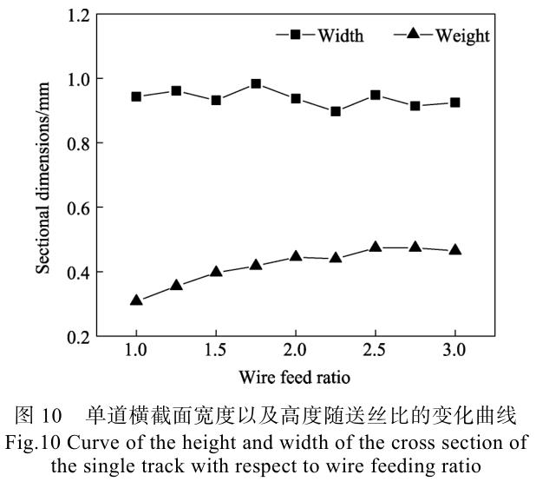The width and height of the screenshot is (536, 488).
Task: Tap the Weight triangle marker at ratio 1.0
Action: pos(136,300)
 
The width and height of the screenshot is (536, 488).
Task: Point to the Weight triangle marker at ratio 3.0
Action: pos(454,250)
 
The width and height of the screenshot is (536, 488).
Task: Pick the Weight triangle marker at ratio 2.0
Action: pos(296,257)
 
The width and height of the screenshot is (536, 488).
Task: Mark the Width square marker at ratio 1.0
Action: pos(136,96)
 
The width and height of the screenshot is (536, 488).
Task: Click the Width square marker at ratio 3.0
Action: pos(454,102)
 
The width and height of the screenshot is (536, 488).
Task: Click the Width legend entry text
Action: pos(340,36)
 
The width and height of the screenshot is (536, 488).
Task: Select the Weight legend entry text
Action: pos(462,36)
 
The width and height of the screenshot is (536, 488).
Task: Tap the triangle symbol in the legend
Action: pos(414,35)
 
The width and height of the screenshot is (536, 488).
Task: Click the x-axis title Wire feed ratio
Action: pos(296,379)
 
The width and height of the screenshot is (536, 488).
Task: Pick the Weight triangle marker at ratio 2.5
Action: pos(375,247)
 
